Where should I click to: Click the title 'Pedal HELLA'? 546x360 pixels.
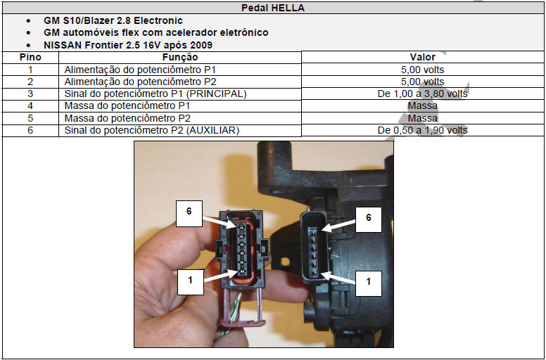[x=273, y=8]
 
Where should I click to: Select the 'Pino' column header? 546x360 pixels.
[x=31, y=57]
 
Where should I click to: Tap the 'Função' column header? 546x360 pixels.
[x=180, y=57]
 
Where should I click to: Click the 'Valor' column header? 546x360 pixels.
[x=422, y=57]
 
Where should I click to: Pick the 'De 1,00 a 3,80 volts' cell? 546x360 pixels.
[x=422, y=94]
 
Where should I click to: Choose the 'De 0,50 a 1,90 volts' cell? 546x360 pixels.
[x=422, y=131]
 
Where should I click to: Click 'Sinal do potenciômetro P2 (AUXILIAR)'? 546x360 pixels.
[x=152, y=131]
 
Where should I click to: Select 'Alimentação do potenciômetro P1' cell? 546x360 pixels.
[x=140, y=70]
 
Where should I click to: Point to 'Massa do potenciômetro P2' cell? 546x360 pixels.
[x=127, y=118]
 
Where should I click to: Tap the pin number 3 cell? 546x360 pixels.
[x=31, y=94]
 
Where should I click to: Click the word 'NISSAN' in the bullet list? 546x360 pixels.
[x=62, y=45]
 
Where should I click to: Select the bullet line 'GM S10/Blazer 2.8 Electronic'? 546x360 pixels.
[x=113, y=20]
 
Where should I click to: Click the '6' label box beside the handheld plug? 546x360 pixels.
[x=189, y=213]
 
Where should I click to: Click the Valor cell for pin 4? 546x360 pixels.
[x=422, y=106]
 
